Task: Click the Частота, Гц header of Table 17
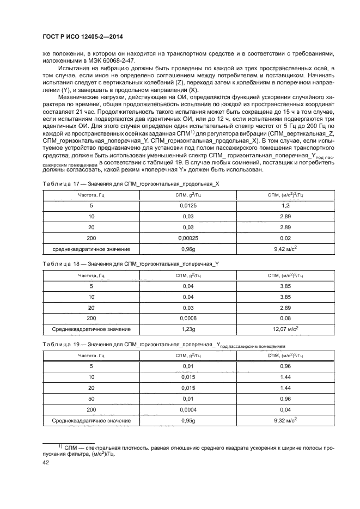[91, 195]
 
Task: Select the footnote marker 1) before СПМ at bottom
[60, 446]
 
